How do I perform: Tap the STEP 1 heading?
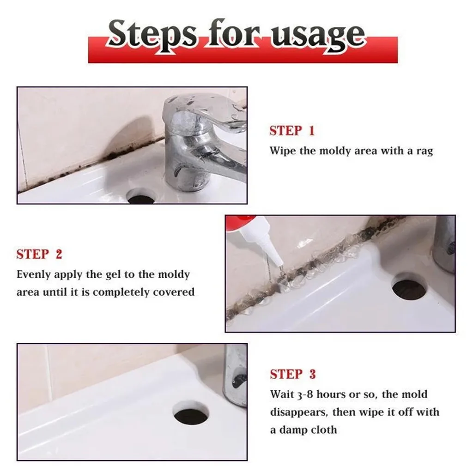point(292,131)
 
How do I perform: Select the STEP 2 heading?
point(39,254)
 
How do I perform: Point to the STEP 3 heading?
point(293,374)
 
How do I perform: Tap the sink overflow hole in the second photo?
point(409,287)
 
